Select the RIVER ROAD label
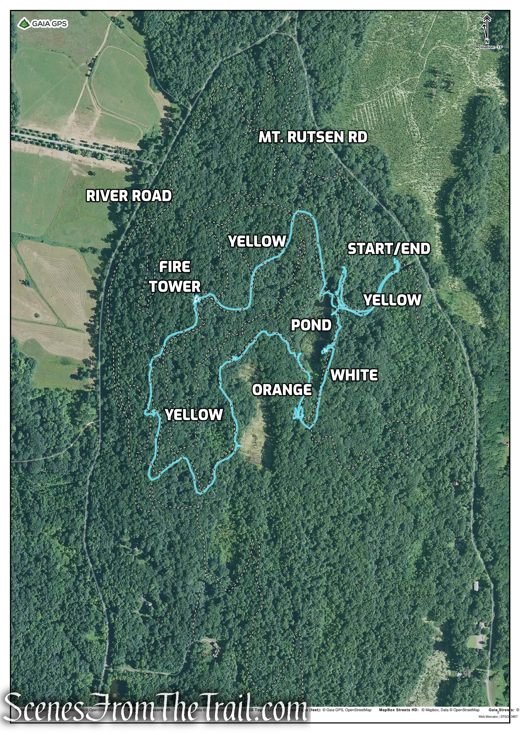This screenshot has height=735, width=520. (129, 196)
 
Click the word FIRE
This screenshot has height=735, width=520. (175, 267)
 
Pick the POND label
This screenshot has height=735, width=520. (311, 325)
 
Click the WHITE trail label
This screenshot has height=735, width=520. (354, 375)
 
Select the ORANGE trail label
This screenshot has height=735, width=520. (282, 390)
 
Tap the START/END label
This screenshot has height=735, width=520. (389, 249)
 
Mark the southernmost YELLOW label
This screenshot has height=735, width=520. (194, 415)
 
